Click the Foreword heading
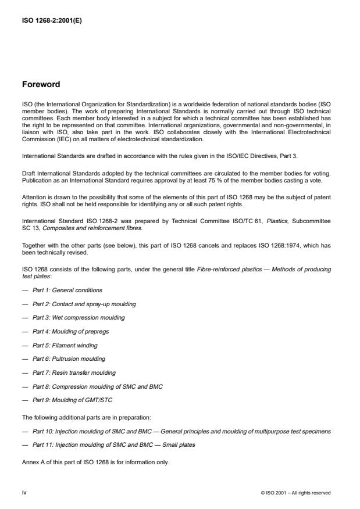tap(41, 85)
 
